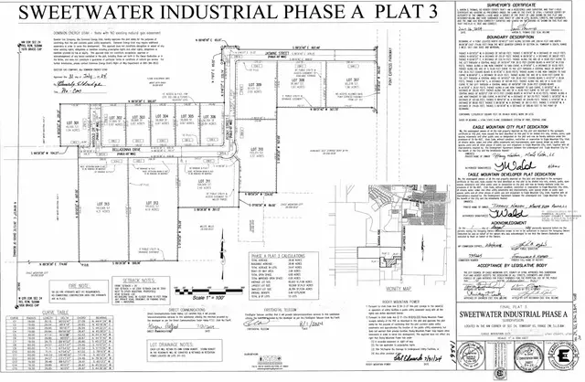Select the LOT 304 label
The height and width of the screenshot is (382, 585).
pyautogui.click(x=164, y=117)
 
